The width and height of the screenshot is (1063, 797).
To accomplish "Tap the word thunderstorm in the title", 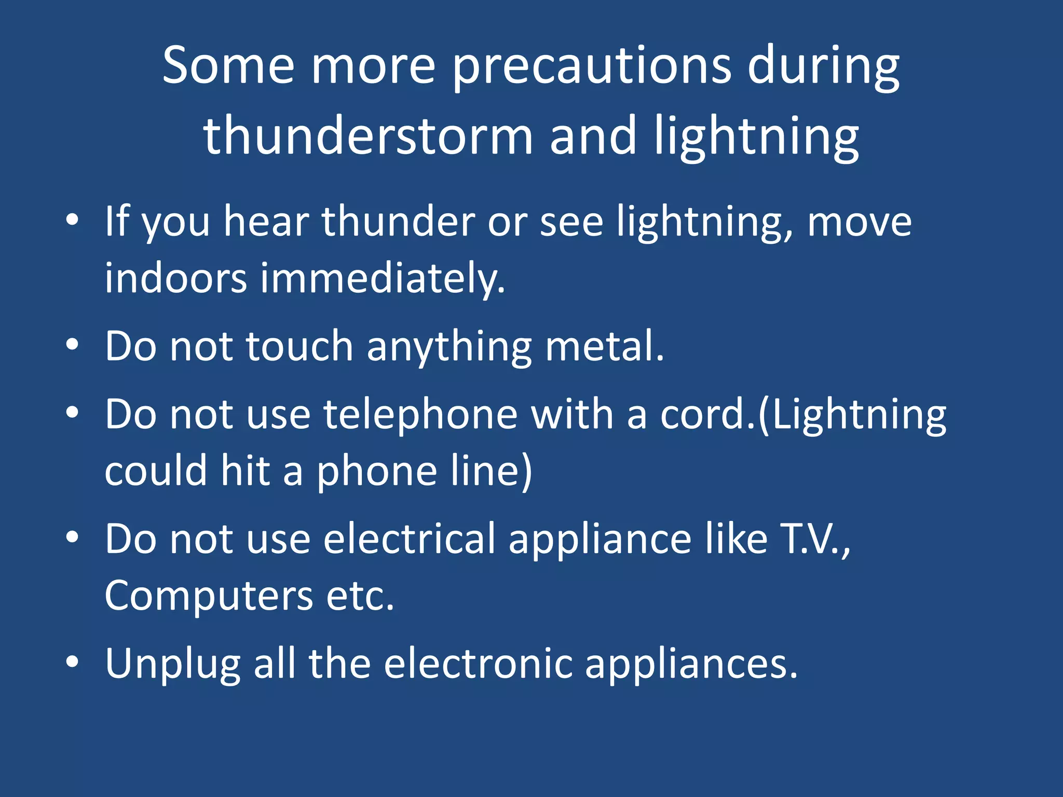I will click(x=368, y=136).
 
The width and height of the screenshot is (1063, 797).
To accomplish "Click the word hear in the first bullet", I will click(x=266, y=222).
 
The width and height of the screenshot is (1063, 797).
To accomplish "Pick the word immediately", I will click(x=383, y=279).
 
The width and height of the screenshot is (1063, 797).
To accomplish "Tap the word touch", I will click(x=299, y=346).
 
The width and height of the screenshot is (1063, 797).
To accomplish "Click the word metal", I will click(x=604, y=346).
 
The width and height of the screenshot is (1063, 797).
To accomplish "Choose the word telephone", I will click(x=420, y=415).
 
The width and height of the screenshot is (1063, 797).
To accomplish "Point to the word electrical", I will click(x=410, y=539).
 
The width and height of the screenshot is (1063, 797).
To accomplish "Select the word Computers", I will click(x=209, y=596).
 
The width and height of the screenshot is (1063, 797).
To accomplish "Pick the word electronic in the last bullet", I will click(x=478, y=664).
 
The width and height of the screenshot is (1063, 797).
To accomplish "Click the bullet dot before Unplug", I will click(x=72, y=662).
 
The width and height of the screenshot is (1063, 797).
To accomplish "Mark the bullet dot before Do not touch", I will click(x=72, y=344).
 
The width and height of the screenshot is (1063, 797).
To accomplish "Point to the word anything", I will click(x=449, y=347).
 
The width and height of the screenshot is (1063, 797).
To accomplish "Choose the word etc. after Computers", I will click(x=360, y=596).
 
